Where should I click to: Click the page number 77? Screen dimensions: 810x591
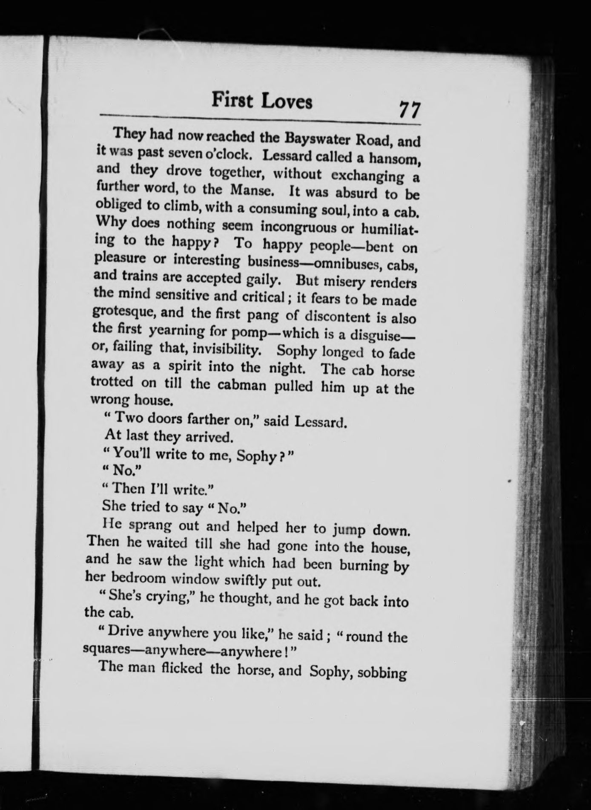click(x=409, y=110)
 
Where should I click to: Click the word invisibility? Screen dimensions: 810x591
click(x=226, y=349)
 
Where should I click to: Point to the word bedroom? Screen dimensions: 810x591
click(x=138, y=578)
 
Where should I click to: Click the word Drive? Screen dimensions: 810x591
click(x=124, y=631)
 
